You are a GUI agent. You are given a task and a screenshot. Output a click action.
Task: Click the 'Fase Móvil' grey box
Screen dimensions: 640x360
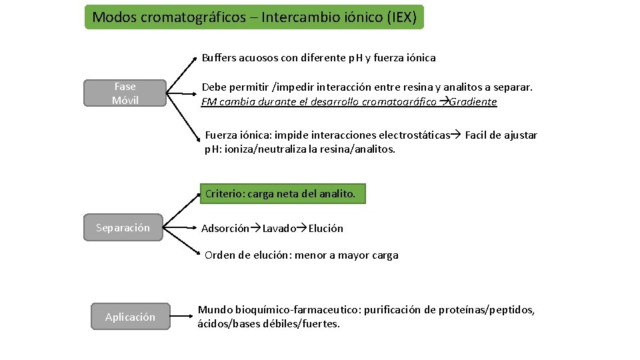(x=125, y=93)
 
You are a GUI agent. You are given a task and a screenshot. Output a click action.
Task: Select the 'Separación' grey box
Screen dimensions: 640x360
(x=123, y=228)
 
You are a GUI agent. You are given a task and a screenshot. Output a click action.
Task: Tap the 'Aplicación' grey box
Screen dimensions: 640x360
(x=130, y=317)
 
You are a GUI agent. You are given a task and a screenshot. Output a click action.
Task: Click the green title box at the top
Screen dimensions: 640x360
(x=254, y=17)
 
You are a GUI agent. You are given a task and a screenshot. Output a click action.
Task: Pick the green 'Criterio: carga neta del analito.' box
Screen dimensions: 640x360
(x=283, y=194)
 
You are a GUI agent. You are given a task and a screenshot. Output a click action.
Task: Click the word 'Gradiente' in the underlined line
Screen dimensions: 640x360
(x=473, y=102)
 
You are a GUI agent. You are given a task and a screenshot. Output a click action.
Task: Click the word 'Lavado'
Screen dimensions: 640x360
(x=279, y=229)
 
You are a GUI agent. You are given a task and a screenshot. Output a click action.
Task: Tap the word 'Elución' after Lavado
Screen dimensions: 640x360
(x=325, y=229)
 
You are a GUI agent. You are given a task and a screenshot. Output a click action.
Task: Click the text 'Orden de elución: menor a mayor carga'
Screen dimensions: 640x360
(x=301, y=255)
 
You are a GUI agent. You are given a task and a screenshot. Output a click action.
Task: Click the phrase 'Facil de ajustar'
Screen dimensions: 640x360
(x=501, y=135)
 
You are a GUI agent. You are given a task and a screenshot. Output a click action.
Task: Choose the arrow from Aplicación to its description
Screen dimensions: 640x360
(x=181, y=317)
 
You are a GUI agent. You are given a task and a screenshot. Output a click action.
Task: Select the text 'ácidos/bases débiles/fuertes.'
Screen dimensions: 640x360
(x=269, y=325)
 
